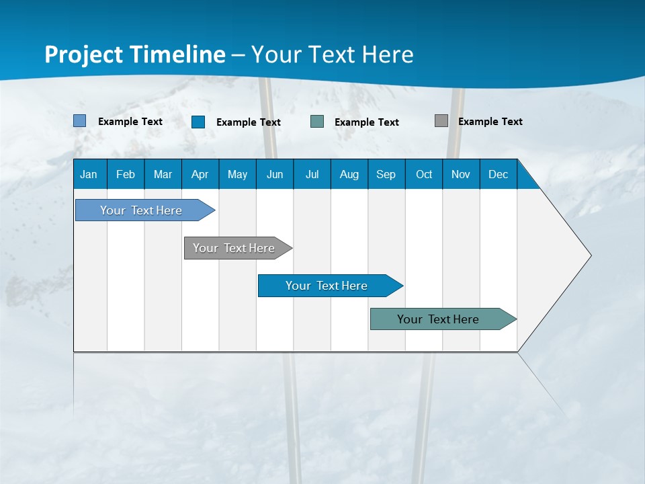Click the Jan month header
tap(89, 174)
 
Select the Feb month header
tap(126, 174)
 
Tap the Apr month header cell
tap(200, 174)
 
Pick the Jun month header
tap(275, 174)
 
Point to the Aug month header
tap(349, 174)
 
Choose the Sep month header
tap(386, 174)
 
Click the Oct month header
tap(424, 174)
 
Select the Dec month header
tap(499, 174)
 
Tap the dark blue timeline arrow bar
tap(327, 286)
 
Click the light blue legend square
tap(80, 121)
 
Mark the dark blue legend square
tap(198, 122)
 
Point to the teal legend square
tap(317, 122)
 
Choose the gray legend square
tap(441, 121)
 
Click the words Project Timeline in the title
tap(135, 54)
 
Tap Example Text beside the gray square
tap(490, 122)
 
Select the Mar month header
tap(163, 174)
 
